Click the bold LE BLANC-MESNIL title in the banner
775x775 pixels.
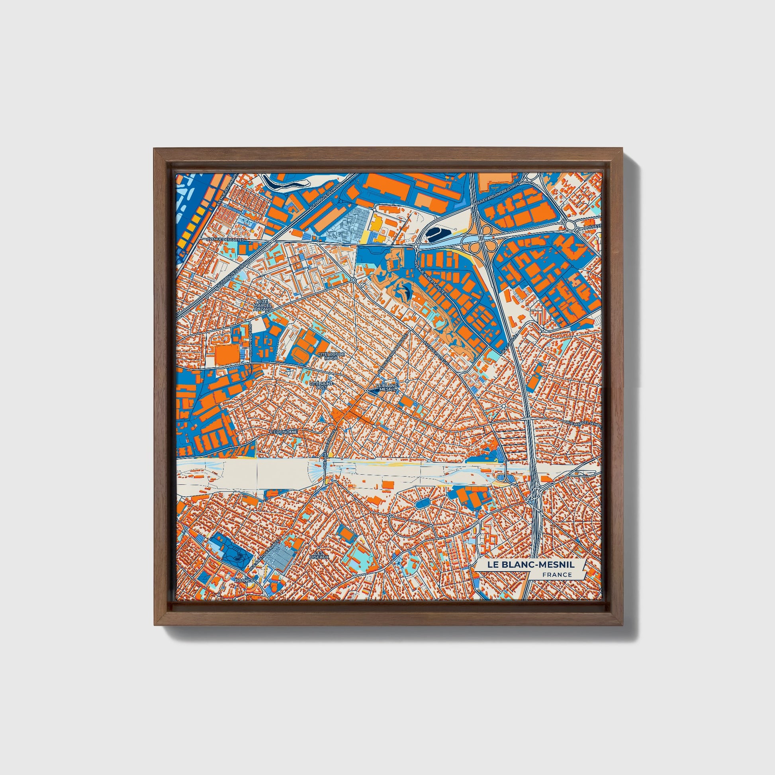531,564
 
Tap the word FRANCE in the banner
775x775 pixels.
557,574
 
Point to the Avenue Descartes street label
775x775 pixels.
225,239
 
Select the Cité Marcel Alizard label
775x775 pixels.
263,306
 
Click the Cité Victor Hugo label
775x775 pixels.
331,356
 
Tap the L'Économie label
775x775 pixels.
284,432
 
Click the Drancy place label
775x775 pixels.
244,580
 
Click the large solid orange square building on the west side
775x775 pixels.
227,355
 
